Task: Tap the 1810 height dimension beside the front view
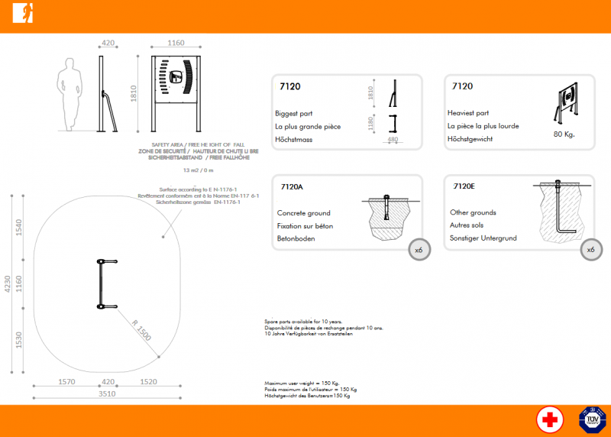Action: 134,93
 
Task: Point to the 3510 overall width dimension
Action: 107,394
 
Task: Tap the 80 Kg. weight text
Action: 564,134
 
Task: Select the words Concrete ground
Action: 303,213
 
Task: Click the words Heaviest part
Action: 467,113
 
